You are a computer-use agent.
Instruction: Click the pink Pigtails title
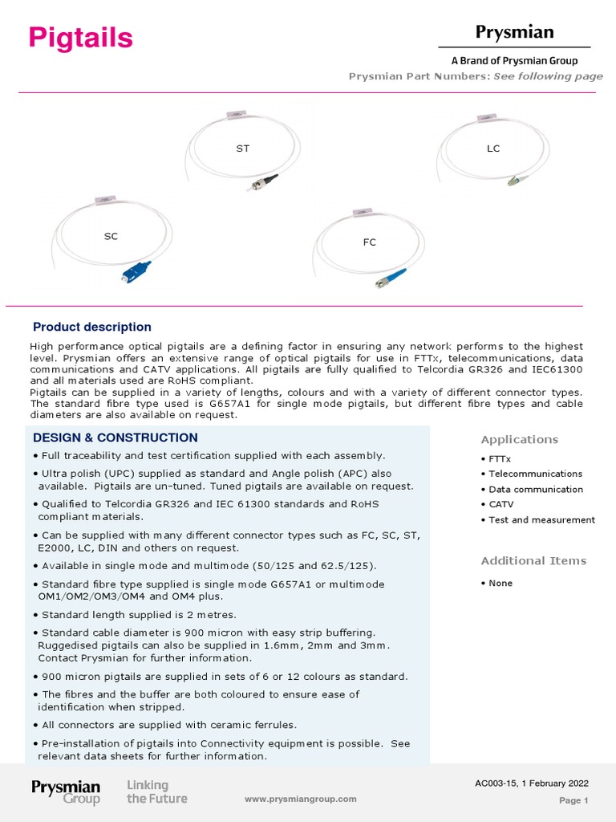[x=81, y=38]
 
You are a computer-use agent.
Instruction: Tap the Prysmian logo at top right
[x=514, y=33]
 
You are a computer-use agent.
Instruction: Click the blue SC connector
[x=136, y=271]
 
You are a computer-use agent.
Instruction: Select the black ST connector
[x=264, y=181]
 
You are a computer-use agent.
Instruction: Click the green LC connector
[x=513, y=181]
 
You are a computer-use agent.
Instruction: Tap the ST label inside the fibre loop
[x=242, y=149]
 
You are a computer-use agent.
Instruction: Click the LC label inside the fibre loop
[x=493, y=149]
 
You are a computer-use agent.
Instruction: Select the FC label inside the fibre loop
[x=369, y=242]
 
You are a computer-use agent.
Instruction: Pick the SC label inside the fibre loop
[x=111, y=237]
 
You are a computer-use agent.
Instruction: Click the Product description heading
[x=91, y=327]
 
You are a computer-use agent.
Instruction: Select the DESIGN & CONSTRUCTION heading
[x=115, y=437]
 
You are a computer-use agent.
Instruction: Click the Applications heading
[x=519, y=439]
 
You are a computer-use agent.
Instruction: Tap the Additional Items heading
[x=533, y=560]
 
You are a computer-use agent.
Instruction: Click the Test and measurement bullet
[x=541, y=519]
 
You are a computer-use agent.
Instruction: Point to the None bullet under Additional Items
[x=500, y=583]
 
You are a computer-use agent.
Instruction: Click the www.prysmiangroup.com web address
[x=300, y=799]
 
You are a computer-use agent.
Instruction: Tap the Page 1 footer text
[x=573, y=800]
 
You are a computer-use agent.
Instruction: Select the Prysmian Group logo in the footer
[x=66, y=791]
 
